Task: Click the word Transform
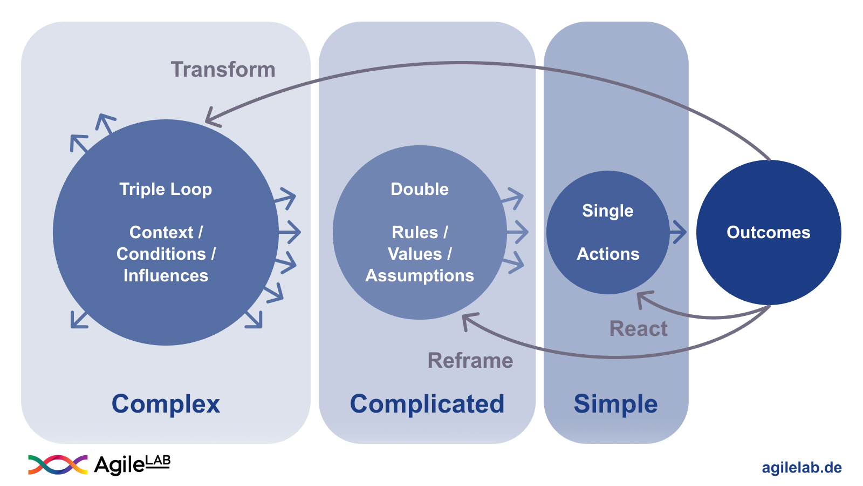tap(223, 70)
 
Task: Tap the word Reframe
tap(470, 360)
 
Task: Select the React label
tap(638, 328)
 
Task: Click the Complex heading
tap(166, 404)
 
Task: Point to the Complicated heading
tap(427, 404)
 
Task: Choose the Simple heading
tap(615, 404)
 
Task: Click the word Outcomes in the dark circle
tap(768, 232)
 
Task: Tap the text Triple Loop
tap(166, 189)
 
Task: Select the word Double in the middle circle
tap(419, 189)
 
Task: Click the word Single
tap(607, 211)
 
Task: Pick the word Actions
tap(608, 254)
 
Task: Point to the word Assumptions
tap(419, 275)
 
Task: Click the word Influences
tap(166, 275)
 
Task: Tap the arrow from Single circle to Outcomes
tap(679, 233)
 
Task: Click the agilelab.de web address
tap(802, 468)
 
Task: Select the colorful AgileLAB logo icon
tap(58, 464)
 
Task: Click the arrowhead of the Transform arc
tap(210, 118)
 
